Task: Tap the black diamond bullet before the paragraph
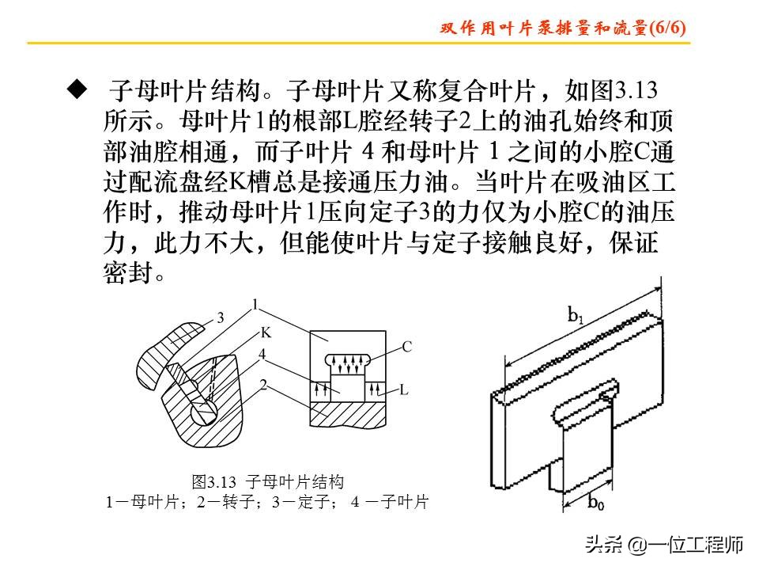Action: [x=76, y=88]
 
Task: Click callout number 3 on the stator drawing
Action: [x=221, y=318]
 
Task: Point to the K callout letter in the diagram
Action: [x=266, y=332]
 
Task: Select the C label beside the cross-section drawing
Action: [x=406, y=347]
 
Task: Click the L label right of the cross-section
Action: [x=403, y=389]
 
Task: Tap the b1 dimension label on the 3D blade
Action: [x=576, y=314]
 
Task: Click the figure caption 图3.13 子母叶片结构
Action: [x=268, y=481]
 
